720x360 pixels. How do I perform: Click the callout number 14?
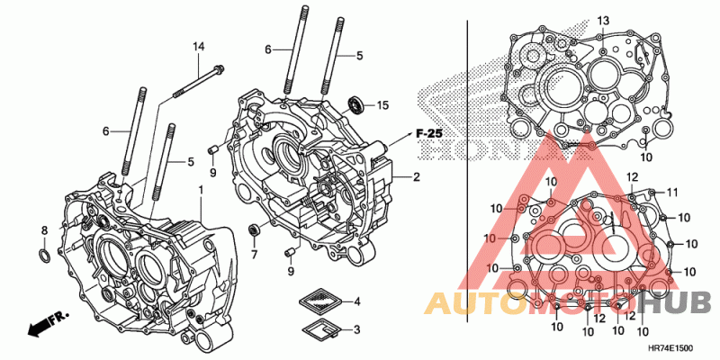click(x=199, y=46)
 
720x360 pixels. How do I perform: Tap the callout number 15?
click(x=382, y=105)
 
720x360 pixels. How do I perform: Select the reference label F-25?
click(x=429, y=133)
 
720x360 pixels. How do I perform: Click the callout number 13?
click(x=603, y=21)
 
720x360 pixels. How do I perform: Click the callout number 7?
click(x=254, y=255)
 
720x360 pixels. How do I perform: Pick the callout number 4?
click(x=357, y=301)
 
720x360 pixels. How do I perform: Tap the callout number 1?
click(x=201, y=191)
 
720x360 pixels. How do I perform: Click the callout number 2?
click(x=417, y=177)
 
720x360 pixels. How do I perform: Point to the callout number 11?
click(x=670, y=191)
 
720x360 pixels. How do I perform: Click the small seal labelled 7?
click(x=254, y=229)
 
